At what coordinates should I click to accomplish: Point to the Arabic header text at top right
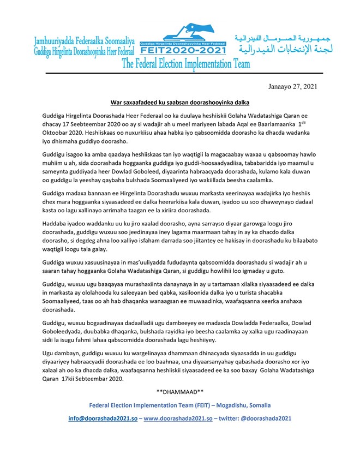point(283,44)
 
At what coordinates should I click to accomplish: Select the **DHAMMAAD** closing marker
point(179,392)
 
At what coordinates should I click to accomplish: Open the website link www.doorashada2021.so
point(175,418)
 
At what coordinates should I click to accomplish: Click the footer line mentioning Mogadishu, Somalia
point(179,405)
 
